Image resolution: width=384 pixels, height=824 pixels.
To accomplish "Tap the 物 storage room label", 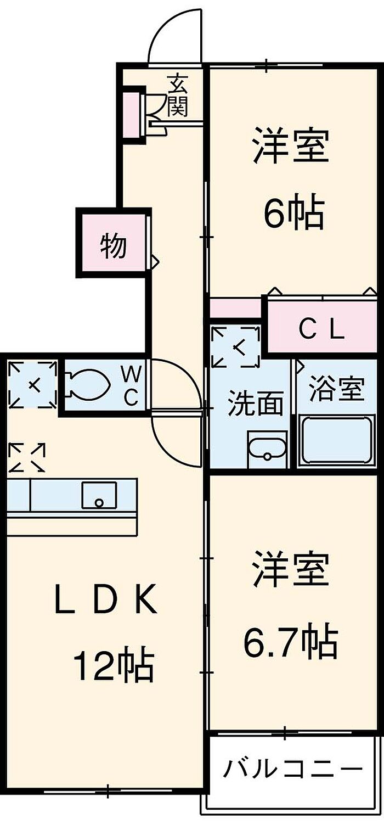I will pos(114,246).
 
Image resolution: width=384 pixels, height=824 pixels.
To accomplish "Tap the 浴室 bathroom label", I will pos(337,390).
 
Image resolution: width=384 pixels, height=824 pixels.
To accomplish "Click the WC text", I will pos(130,386).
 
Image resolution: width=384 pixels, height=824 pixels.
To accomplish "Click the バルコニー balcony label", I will pos(292,768).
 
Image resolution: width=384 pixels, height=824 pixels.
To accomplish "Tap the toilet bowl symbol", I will pos(86,385).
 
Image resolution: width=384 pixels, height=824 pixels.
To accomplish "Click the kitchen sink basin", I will pos(99,495).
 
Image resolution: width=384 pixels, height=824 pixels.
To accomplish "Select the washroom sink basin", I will pos(267,449).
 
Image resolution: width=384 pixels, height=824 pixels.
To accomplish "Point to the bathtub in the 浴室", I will pos(336,441).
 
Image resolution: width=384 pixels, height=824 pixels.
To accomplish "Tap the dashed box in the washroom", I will pos(235,346).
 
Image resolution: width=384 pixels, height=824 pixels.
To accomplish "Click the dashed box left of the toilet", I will pos(33,385).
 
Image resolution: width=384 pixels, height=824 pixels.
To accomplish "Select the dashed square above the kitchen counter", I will pos(27,458).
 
